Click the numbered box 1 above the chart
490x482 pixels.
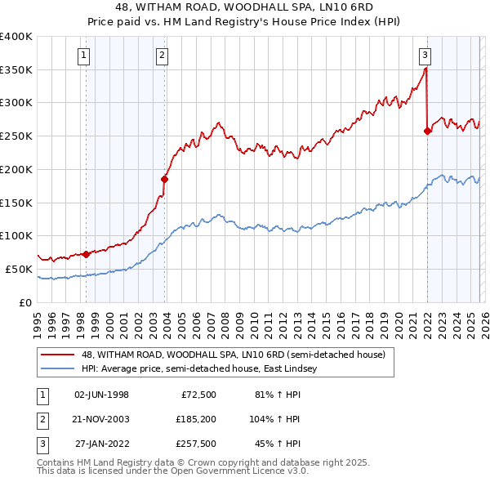tap(86, 56)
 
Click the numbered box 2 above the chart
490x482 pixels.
tap(163, 56)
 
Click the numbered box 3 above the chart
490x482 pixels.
tap(425, 56)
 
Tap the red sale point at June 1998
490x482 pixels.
tap(86, 254)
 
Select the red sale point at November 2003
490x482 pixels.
tap(164, 179)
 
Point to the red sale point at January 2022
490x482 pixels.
tap(426, 131)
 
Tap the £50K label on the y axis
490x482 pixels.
tap(20, 269)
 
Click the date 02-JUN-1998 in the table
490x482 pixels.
tap(101, 395)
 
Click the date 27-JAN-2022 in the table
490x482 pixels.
tap(101, 444)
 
